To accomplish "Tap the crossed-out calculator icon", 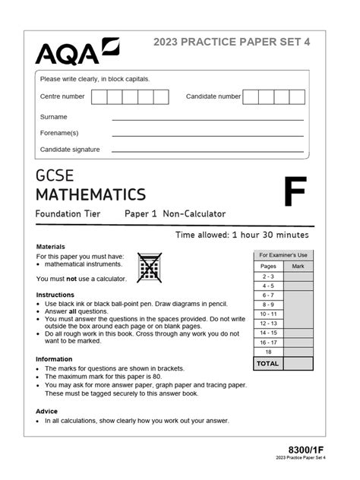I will tap(150, 268).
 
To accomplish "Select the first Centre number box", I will tap(99, 96).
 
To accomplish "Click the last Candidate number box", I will tap(297, 96).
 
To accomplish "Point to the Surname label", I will tap(54, 117).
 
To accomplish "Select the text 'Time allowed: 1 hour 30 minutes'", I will tap(242, 235).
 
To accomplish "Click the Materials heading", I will tap(51, 247).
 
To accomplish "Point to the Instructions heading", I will tap(55, 295).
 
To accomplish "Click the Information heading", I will tap(54, 359).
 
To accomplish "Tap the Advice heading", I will tap(46, 411).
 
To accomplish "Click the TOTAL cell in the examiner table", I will tap(268, 364).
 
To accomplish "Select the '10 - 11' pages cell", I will tap(268, 313).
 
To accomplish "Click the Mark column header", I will tap(298, 267).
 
